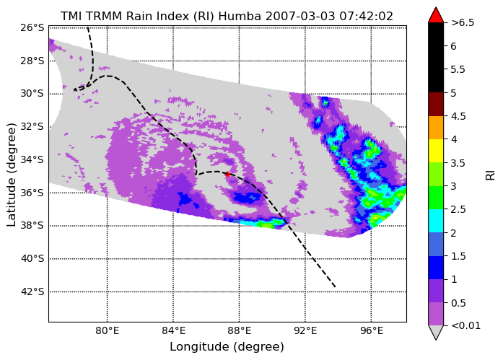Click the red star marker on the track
click(x=227, y=175)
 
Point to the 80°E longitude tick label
click(x=107, y=330)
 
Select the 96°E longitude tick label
click(x=372, y=330)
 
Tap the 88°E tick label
click(x=240, y=330)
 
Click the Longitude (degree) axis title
click(x=227, y=347)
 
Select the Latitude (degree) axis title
click(x=11, y=175)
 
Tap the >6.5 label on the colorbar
click(x=463, y=23)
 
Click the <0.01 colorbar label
click(x=465, y=325)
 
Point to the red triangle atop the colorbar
click(x=436, y=15)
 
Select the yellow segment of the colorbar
click(x=436, y=151)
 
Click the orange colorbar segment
click(x=436, y=128)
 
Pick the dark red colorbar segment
click(x=436, y=104)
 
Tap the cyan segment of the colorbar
click(x=436, y=221)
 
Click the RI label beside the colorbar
click(x=491, y=175)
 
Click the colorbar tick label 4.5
click(x=458, y=116)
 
